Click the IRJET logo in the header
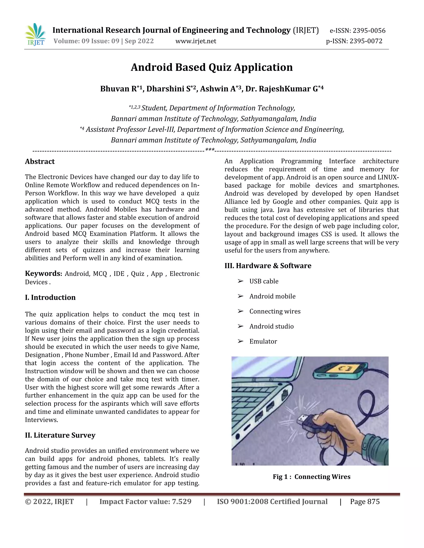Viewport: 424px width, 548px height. (35, 35)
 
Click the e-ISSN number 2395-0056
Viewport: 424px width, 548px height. (369, 31)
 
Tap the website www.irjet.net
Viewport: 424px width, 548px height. (196, 41)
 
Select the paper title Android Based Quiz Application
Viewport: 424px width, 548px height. (212, 67)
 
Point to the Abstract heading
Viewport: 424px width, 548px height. (40, 162)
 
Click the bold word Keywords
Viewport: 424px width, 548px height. (43, 274)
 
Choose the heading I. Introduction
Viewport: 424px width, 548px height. (50, 297)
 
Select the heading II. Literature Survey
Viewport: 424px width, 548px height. (60, 435)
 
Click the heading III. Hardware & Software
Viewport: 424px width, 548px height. (268, 266)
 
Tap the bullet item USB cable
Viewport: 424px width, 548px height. (264, 281)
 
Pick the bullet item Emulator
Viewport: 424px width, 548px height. (263, 341)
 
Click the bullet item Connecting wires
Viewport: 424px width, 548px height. (275, 311)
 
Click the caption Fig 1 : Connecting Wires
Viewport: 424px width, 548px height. (311, 477)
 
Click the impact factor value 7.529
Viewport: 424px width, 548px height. (181, 502)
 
